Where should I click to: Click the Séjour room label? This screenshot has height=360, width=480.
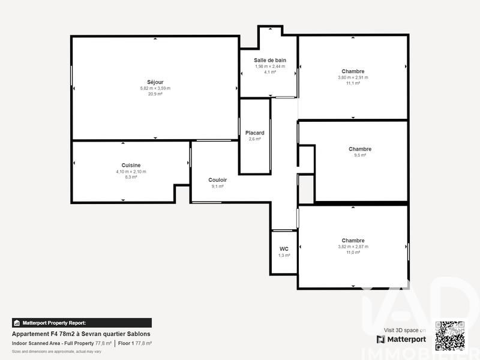[155, 82]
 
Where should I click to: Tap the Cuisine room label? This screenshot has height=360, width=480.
[131, 165]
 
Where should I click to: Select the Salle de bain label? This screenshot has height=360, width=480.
[269, 60]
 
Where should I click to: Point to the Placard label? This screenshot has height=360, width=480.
[254, 133]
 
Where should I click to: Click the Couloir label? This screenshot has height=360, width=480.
[217, 180]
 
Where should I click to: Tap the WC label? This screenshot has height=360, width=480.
[284, 249]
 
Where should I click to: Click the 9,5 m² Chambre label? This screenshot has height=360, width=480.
[359, 149]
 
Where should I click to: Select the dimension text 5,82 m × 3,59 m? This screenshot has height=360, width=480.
[155, 88]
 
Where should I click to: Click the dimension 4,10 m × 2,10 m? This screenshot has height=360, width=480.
[131, 172]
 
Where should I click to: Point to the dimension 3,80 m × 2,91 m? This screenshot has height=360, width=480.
[353, 77]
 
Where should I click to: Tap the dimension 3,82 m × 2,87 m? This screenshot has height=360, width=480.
[353, 247]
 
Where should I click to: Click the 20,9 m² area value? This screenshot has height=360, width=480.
[155, 94]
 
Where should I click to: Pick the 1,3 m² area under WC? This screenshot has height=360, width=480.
[284, 256]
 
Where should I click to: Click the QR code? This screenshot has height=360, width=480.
[449, 336]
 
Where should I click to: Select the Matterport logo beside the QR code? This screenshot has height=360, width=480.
[401, 339]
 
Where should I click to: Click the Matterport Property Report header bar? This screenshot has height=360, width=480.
[82, 323]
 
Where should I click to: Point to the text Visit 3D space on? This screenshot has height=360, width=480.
[405, 330]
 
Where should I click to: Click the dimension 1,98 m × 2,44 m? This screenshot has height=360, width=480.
[269, 66]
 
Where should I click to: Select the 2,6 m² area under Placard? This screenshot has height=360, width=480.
[254, 139]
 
